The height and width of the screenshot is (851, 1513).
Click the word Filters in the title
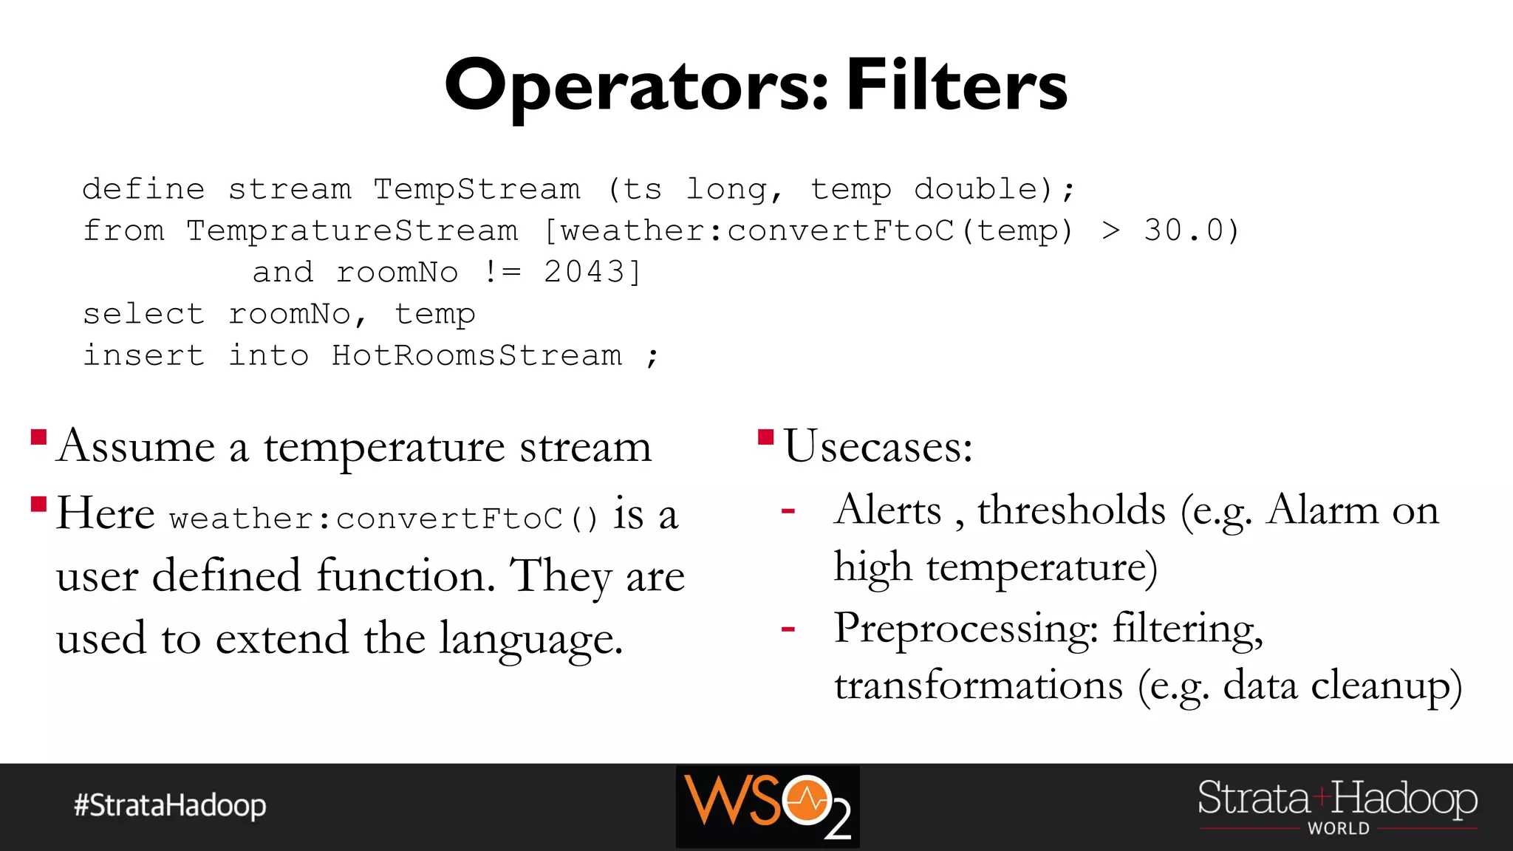957,85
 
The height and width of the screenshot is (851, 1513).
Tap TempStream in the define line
477,189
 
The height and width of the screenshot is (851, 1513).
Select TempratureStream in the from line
352,230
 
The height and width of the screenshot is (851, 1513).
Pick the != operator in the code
502,272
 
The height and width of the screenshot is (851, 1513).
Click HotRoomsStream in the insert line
477,355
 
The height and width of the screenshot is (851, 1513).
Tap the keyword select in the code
143,314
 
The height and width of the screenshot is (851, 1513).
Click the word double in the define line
977,189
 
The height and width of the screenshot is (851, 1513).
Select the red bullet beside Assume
39,437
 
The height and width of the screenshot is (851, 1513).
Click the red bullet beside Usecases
765,437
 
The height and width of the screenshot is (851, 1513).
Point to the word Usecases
877,446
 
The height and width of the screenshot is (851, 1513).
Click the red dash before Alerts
788,511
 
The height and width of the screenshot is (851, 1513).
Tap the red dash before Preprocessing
788,629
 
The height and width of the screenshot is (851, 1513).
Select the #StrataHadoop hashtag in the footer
170,805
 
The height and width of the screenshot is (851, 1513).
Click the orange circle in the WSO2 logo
807,799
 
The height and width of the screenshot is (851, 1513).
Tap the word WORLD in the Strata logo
1339,829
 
